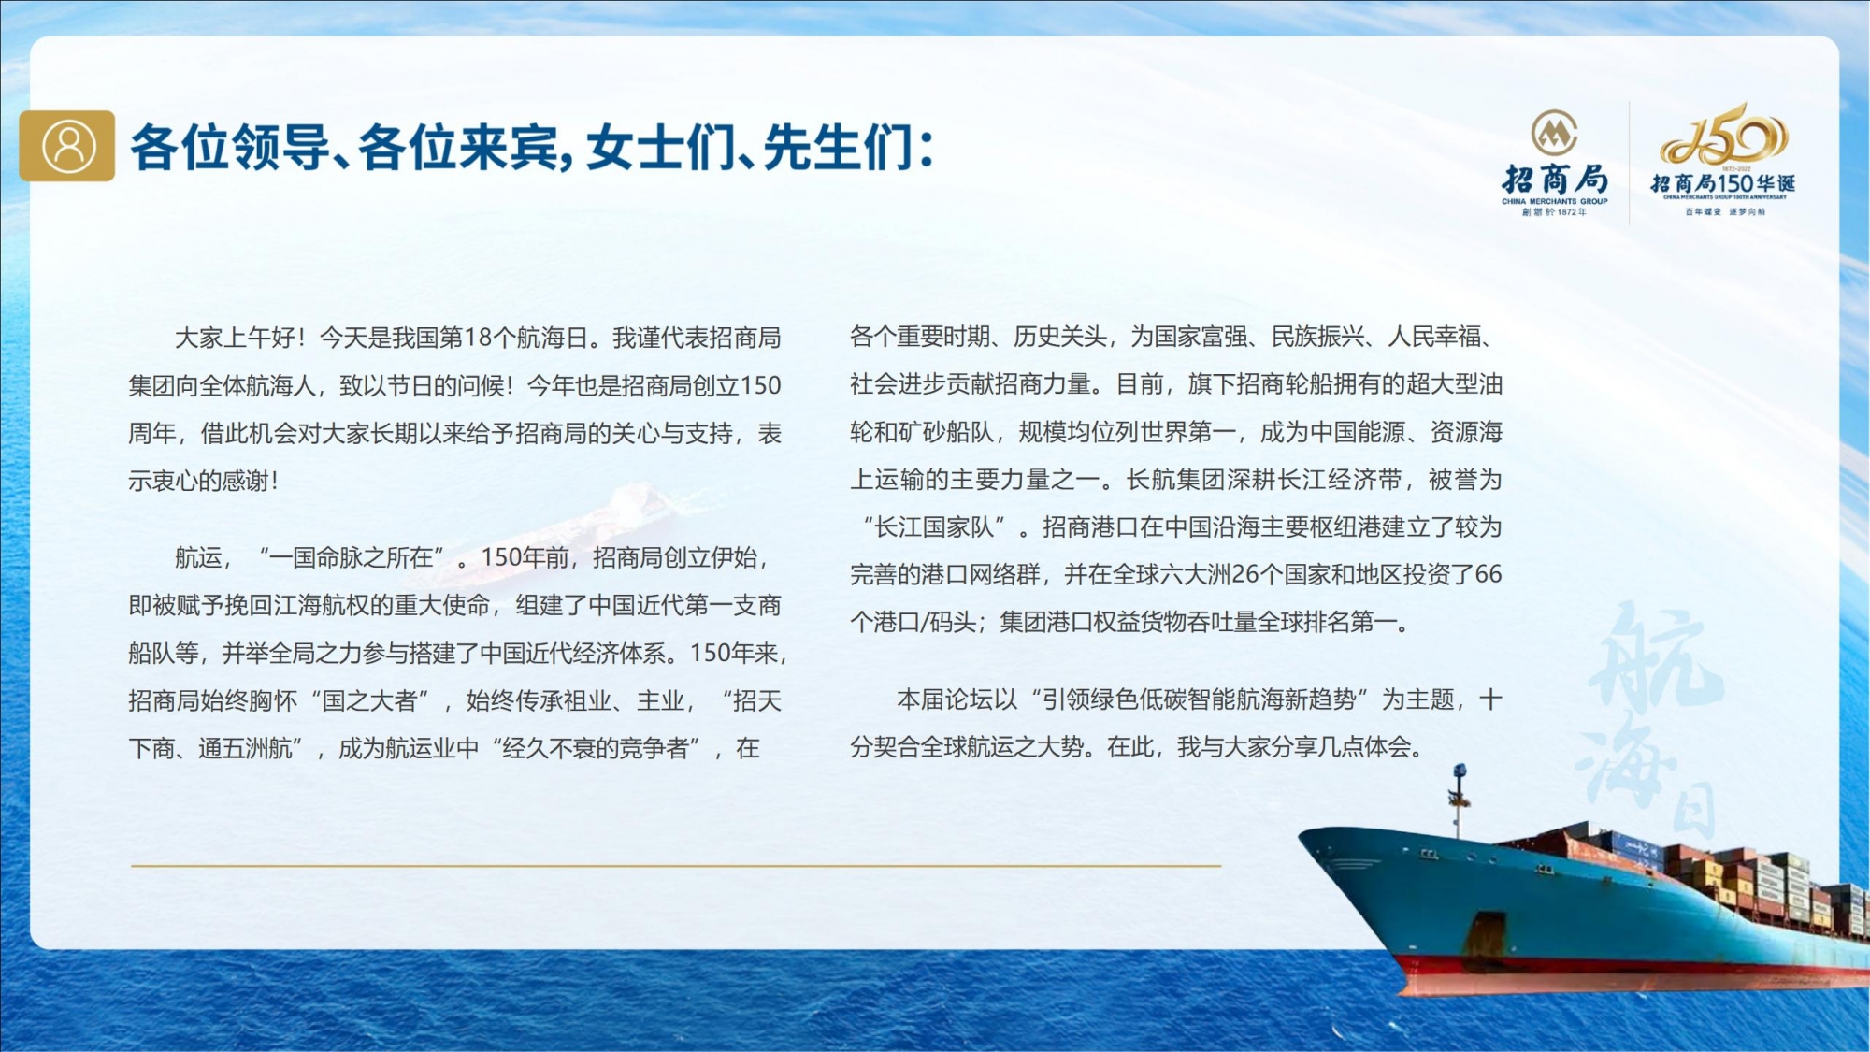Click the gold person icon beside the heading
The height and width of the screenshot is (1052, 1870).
click(67, 146)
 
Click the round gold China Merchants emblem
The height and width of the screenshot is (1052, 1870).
click(1554, 133)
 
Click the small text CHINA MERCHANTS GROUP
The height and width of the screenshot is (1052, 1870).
click(1555, 201)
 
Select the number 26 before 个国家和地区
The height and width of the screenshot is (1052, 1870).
click(1245, 574)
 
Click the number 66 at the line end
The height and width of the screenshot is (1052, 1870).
click(1489, 574)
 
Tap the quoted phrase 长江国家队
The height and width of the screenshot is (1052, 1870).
click(933, 527)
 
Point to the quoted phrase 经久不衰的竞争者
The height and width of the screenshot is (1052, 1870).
click(596, 748)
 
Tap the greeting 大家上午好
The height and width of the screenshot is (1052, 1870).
click(235, 338)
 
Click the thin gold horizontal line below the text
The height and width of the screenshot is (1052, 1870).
click(676, 866)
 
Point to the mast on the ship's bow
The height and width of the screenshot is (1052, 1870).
click(1457, 800)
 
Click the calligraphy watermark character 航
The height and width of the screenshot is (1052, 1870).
click(1655, 656)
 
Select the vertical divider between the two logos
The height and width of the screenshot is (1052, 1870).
click(1630, 163)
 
